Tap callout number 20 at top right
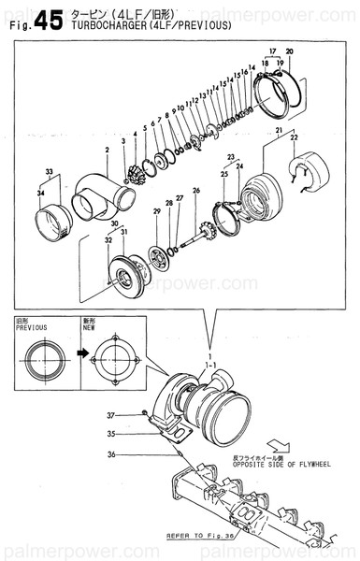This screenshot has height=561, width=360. (x=289, y=50)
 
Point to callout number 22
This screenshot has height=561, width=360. (x=295, y=138)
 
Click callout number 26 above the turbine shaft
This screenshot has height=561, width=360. (x=195, y=191)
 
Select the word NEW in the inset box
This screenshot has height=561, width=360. (x=88, y=328)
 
